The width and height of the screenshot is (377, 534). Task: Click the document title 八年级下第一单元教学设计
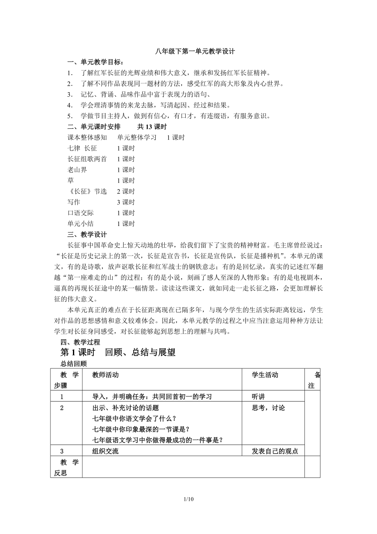188,52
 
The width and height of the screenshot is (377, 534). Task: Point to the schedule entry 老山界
77,170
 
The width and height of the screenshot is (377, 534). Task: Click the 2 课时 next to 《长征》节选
126,192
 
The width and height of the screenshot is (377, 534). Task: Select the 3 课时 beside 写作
126,202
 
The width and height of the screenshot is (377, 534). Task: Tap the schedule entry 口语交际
81,213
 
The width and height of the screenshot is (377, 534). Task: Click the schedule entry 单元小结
81,224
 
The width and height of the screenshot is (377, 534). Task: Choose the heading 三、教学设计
87,235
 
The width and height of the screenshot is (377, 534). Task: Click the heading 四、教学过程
80,342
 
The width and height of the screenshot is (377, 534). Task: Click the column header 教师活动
106,375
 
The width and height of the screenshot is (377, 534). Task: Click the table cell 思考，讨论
268,408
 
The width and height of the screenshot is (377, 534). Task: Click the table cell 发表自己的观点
275,451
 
